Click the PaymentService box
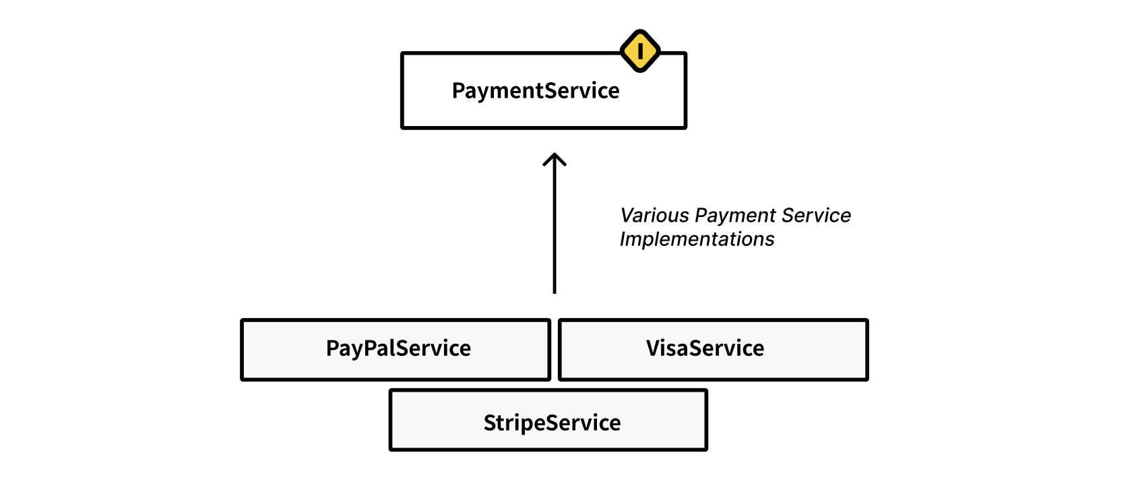472,111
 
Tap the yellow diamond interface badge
639,51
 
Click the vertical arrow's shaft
555,229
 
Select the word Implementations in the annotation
697,239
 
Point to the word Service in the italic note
817,216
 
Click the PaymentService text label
536,90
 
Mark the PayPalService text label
398,348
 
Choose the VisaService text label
705,348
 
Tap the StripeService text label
552,423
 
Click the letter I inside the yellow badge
639,51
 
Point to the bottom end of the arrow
555,291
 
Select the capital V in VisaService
654,348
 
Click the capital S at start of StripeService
491,423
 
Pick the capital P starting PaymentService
458,90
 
